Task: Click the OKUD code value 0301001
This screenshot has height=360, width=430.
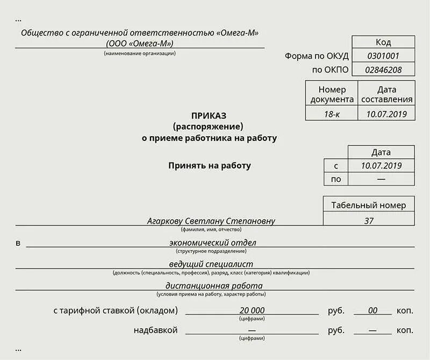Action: (x=383, y=55)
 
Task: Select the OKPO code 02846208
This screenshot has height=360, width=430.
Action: (x=383, y=69)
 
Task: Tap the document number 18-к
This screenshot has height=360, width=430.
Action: (x=332, y=114)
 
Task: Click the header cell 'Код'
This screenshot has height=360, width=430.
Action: (x=383, y=42)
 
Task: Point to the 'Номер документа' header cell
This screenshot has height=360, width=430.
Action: (x=332, y=94)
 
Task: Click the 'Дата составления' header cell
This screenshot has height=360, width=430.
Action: (x=387, y=94)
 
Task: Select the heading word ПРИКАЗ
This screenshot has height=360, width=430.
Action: (x=209, y=116)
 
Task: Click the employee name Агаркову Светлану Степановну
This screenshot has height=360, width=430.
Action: (x=211, y=221)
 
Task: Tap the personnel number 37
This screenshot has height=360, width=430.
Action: (x=369, y=220)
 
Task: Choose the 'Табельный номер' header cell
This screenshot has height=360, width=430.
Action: (x=369, y=204)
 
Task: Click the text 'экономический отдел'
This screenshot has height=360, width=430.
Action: (x=212, y=243)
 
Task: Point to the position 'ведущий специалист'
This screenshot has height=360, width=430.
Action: (x=211, y=264)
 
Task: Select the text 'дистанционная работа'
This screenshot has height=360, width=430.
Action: (x=214, y=286)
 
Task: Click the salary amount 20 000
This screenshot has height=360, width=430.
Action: (x=252, y=310)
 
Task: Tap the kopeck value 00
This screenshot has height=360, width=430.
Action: (x=372, y=310)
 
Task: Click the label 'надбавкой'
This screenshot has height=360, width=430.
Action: (x=155, y=330)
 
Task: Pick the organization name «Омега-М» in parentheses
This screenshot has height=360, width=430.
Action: (x=140, y=43)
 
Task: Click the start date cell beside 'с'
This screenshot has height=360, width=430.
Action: (x=381, y=166)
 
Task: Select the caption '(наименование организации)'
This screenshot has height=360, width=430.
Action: (x=140, y=53)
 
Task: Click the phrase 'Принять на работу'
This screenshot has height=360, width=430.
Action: (x=210, y=166)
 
